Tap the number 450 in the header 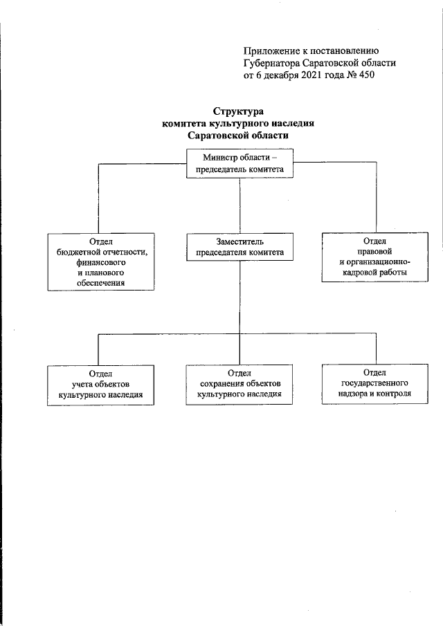pos(367,75)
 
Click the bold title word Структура pos(238,111)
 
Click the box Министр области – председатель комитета pos(239,163)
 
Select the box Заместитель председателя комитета pos(239,247)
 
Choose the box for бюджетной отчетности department pos(101,262)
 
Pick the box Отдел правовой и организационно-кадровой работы pos(374,257)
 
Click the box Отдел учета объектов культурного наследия pos(100,385)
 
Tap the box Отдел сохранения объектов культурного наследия pos(239,385)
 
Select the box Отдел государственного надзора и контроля pos(374,384)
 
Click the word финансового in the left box pos(101,263)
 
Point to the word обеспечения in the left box pos(100,283)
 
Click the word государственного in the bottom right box pos(374,383)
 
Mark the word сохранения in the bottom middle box pos(221,384)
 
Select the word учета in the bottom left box pos(82,385)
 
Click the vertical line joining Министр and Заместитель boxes pos(239,206)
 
